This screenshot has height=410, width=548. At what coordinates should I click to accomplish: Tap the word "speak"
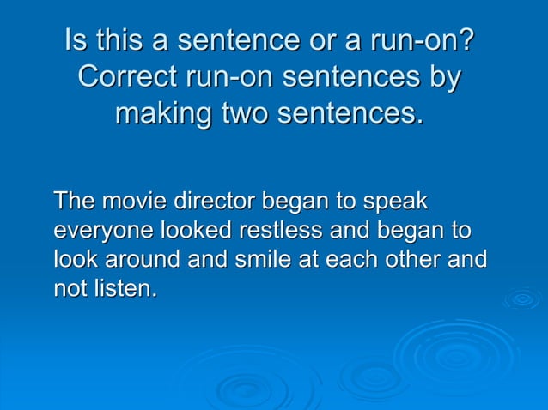[x=396, y=203]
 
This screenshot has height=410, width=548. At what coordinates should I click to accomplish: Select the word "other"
[x=413, y=259]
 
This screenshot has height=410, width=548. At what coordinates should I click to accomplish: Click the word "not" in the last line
[x=68, y=288]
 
